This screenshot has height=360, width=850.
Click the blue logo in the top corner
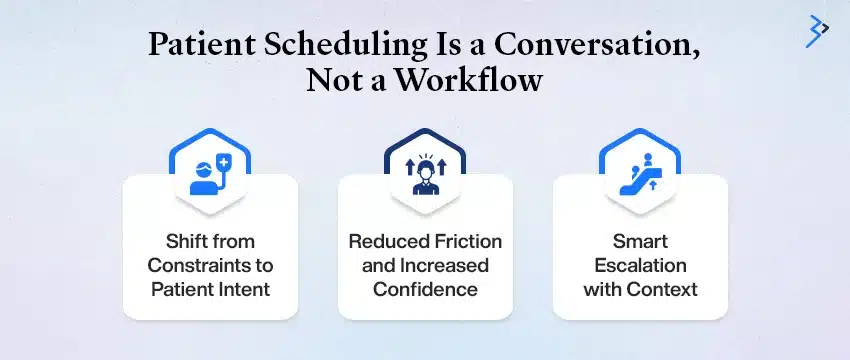(x=817, y=31)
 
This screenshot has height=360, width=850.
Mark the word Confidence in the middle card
(x=425, y=290)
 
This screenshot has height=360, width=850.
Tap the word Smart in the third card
(x=640, y=242)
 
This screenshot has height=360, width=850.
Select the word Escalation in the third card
(x=640, y=266)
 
